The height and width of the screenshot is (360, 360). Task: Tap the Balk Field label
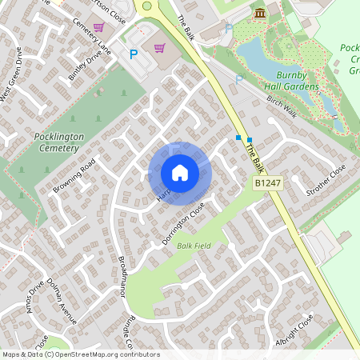pos(194,246)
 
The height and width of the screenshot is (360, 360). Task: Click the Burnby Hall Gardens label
pos(287,81)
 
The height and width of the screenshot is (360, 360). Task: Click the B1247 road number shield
pos(269,184)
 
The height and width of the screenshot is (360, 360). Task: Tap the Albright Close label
pos(294,328)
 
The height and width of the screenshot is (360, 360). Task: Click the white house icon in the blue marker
pos(180,173)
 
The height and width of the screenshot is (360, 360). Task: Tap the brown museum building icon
pos(260,14)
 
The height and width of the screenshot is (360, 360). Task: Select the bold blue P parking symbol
pos(134,54)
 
